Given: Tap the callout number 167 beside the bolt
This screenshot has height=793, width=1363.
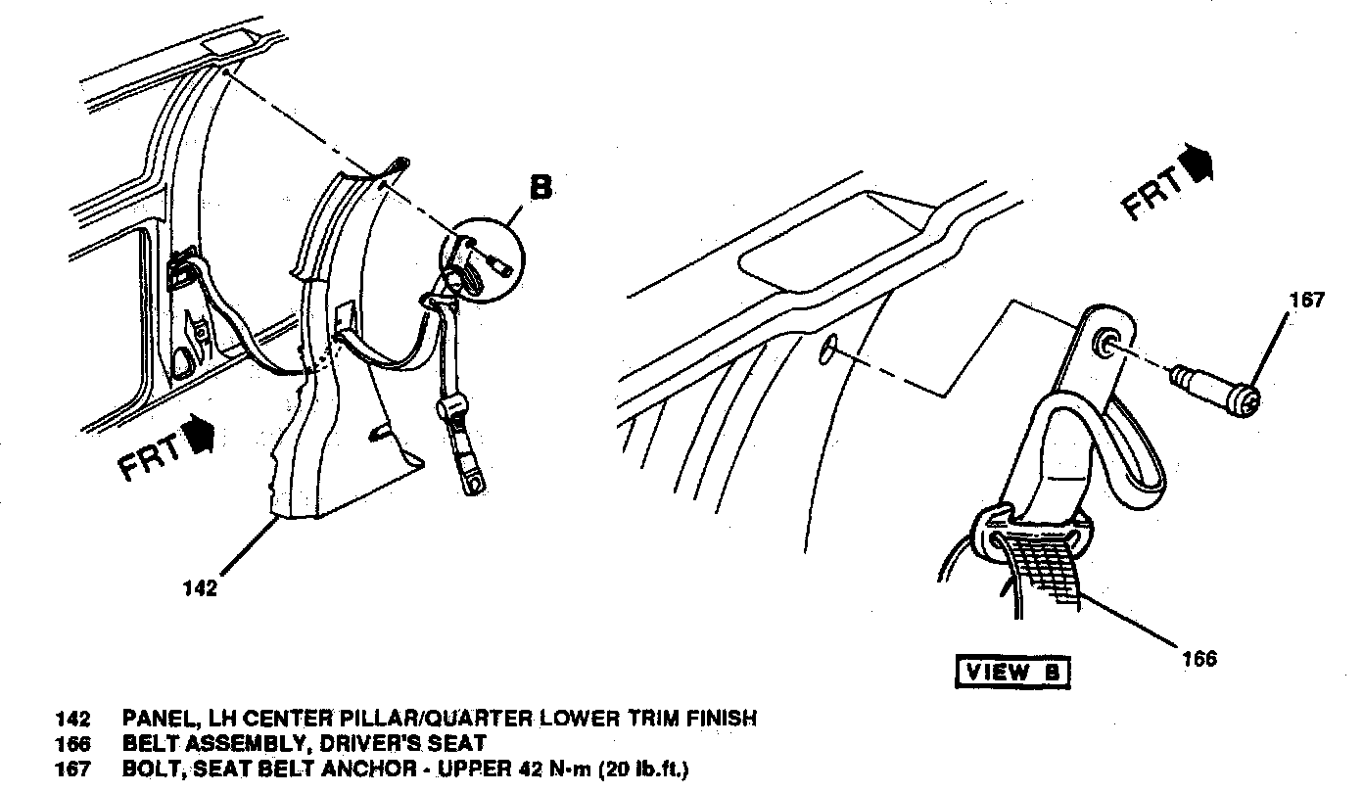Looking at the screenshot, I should (1306, 301).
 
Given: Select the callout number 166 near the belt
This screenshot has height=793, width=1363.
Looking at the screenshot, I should (1198, 659).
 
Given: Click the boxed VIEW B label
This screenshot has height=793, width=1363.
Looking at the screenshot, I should (1012, 672).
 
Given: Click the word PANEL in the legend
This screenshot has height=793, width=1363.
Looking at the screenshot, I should (158, 719).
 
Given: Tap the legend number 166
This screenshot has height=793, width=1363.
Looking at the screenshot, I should (72, 744).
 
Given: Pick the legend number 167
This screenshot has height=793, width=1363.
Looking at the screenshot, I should (72, 770).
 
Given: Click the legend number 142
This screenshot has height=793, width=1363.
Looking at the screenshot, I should (72, 719).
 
